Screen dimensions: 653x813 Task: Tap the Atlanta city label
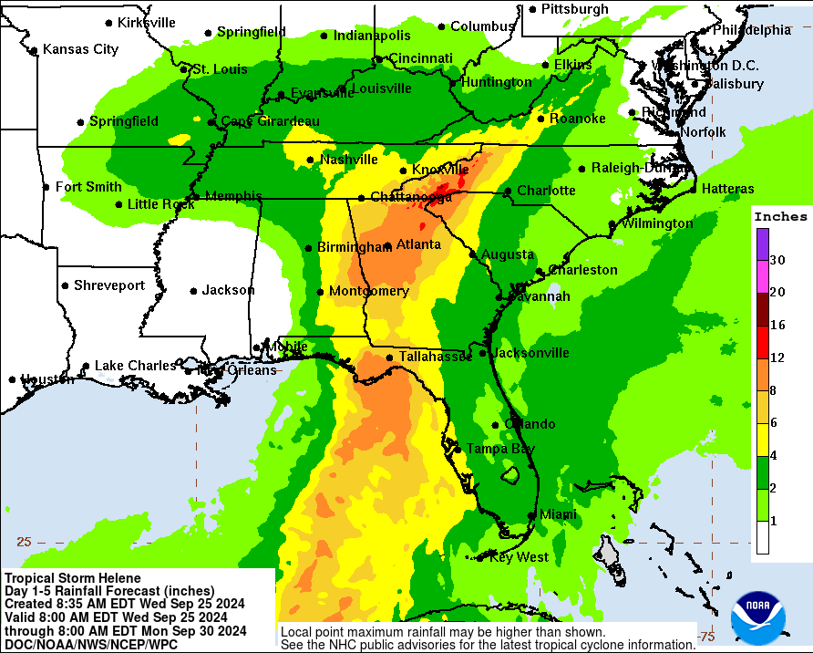pyautogui.click(x=418, y=244)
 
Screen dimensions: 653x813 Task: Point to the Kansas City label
pyautogui.click(x=80, y=49)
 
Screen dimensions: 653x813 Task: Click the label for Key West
pyautogui.click(x=519, y=557)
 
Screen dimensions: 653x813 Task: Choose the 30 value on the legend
pyautogui.click(x=777, y=260)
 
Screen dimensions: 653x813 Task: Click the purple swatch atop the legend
pyautogui.click(x=762, y=244)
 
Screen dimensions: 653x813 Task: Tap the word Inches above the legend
pyautogui.click(x=780, y=217)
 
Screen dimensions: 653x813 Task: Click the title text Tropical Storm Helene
pyautogui.click(x=73, y=578)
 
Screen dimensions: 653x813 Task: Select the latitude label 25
pyautogui.click(x=24, y=541)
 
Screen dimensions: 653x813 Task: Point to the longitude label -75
pyautogui.click(x=705, y=636)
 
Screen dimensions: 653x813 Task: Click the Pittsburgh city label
pyautogui.click(x=574, y=9)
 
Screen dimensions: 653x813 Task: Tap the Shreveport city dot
pyautogui.click(x=65, y=285)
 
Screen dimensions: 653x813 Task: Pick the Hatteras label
pyautogui.click(x=728, y=189)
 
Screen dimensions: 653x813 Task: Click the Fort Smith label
pyautogui.click(x=87, y=187)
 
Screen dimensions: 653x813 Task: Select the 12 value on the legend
pyautogui.click(x=777, y=358)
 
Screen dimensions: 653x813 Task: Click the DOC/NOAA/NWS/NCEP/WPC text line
pyautogui.click(x=90, y=644)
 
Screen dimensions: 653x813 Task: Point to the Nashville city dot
pyautogui.click(x=311, y=161)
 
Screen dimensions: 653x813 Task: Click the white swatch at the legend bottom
pyautogui.click(x=762, y=538)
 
